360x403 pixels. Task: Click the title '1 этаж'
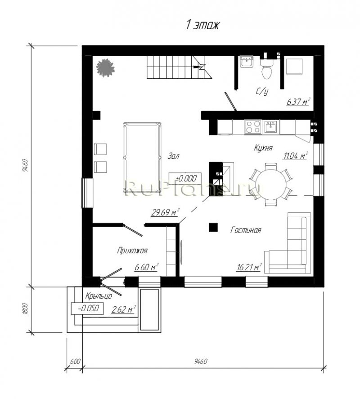pyautogui.click(x=202, y=25)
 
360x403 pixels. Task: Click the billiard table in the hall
pyautogui.click(x=142, y=157)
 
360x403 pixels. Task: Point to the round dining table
pyautogui.click(x=271, y=184)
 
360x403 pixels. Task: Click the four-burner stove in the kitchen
pyautogui.click(x=253, y=127)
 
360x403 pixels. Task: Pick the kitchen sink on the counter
pyautogui.click(x=271, y=127)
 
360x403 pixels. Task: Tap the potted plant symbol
pyautogui.click(x=105, y=68)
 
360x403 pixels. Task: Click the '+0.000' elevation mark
pyautogui.click(x=185, y=179)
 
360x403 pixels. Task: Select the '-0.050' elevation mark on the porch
pyautogui.click(x=87, y=309)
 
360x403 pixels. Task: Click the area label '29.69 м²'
pyautogui.click(x=165, y=212)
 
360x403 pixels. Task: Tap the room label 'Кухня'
pyautogui.click(x=263, y=148)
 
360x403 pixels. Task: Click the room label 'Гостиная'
pyautogui.click(x=246, y=230)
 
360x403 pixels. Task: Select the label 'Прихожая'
pyautogui.click(x=132, y=251)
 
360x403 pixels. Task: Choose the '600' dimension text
pyautogui.click(x=75, y=361)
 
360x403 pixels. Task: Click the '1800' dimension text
pyautogui.click(x=25, y=309)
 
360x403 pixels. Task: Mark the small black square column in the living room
pyautogui.click(x=213, y=227)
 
